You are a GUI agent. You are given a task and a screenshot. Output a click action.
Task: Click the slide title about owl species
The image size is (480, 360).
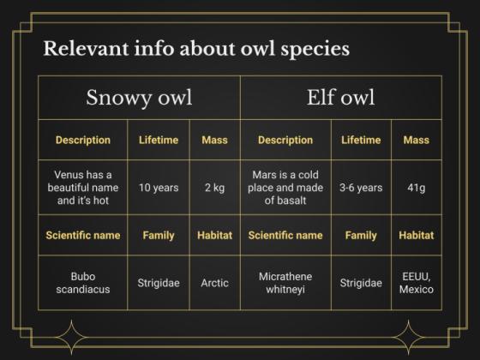[x=196, y=48]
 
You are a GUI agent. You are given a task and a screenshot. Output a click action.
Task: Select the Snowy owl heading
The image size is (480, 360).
[x=139, y=97]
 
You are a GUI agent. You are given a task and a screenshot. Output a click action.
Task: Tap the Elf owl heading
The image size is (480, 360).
[x=340, y=97]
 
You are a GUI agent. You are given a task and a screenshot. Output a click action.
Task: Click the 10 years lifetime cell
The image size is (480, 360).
[x=158, y=187]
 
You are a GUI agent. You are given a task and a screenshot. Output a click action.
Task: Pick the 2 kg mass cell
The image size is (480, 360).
[x=214, y=187]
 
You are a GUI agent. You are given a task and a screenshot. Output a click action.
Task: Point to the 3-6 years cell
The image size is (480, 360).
[x=361, y=187]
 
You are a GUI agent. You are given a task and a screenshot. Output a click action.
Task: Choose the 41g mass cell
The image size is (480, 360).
[x=416, y=187]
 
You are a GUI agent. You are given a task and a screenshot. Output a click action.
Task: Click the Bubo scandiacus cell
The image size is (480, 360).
[x=83, y=282]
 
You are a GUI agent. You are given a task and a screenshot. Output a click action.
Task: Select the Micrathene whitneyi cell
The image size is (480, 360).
[x=285, y=282]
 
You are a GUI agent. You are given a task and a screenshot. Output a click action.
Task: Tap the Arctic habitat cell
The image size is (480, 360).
[x=214, y=282]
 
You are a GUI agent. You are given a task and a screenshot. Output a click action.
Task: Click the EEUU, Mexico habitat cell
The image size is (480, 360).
[x=416, y=282]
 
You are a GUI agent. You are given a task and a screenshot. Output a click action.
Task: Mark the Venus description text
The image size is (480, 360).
[x=83, y=187]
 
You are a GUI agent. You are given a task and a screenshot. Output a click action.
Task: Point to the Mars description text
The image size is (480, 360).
[x=285, y=187]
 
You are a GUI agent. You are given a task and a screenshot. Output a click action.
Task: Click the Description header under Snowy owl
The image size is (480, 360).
[x=83, y=140]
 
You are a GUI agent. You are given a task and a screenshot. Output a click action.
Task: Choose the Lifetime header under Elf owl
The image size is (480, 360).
[x=361, y=140]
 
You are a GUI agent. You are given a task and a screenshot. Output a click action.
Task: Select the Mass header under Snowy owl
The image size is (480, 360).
[x=214, y=140]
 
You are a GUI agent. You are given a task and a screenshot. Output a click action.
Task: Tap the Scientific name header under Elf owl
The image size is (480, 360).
[x=285, y=235]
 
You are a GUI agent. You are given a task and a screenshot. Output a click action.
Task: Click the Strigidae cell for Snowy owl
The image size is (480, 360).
[x=158, y=282]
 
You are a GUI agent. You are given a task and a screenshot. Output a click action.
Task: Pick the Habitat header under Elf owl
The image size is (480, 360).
[x=416, y=235]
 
